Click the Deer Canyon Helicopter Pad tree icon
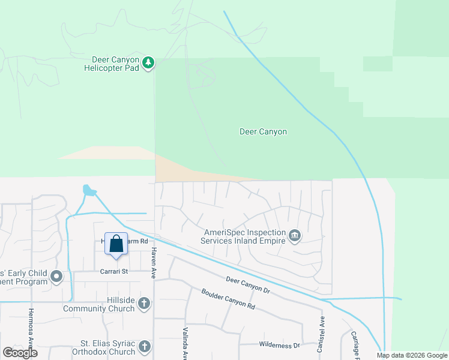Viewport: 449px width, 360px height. tap(148, 62)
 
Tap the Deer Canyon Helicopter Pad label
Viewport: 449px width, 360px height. tap(115, 64)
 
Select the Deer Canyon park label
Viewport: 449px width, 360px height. tap(263, 131)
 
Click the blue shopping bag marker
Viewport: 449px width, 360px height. tap(116, 244)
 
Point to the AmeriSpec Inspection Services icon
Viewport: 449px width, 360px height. tap(295, 236)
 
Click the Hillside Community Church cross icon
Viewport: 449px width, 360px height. tap(143, 304)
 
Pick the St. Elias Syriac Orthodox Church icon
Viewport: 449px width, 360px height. tap(144, 346)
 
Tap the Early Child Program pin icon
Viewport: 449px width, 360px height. tap(56, 277)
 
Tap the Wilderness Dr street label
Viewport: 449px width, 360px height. tap(279, 345)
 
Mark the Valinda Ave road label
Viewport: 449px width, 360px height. tap(185, 343)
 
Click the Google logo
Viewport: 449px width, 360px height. tap(20, 353)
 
